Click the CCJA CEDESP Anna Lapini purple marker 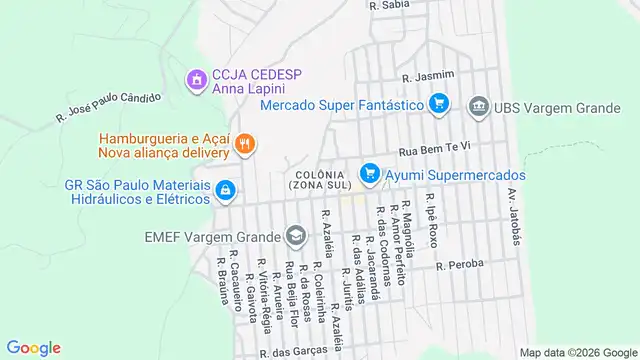point(197,77)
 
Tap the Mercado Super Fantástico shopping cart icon point(438,103)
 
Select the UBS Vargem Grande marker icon point(479,105)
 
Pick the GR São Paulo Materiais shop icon point(226,190)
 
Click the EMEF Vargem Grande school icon point(295,236)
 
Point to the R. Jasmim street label point(428,75)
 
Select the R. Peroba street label point(460,265)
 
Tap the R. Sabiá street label point(389,5)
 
